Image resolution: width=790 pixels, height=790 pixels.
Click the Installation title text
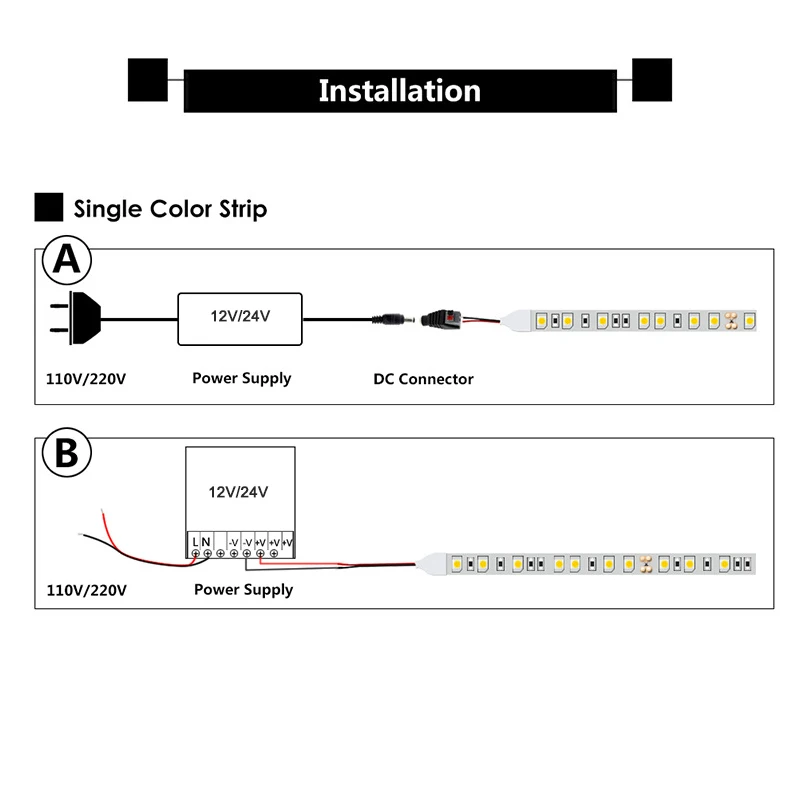coord(400,91)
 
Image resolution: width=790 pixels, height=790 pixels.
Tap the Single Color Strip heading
coord(170,209)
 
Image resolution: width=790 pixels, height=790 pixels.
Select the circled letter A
coord(67,260)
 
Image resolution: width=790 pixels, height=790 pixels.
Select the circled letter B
coord(67,452)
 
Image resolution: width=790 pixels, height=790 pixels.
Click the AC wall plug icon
coord(76,318)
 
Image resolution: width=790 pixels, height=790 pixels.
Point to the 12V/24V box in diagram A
coord(240,319)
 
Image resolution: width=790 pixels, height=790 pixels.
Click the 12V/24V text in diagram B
coord(238,492)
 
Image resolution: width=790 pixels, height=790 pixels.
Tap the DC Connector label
coord(423,379)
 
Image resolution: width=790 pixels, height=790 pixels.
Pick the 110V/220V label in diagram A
coord(86,379)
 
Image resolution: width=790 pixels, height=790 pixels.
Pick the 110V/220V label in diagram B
coord(87,590)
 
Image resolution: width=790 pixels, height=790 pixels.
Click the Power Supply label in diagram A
coord(242,378)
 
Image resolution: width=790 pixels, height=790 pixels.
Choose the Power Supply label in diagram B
coord(243,589)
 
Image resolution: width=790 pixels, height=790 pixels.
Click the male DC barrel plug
coord(393,319)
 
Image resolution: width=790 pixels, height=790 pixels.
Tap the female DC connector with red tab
coord(441,319)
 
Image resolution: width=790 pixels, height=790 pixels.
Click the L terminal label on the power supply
coord(195,542)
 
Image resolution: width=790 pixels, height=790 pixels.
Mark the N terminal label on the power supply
coord(206,542)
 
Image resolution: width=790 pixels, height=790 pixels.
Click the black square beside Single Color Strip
coord(49,207)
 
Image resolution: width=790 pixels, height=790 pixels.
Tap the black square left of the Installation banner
coord(148,80)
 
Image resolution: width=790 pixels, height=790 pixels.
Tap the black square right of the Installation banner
coord(652,80)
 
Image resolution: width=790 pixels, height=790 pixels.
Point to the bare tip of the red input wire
coord(103,512)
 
